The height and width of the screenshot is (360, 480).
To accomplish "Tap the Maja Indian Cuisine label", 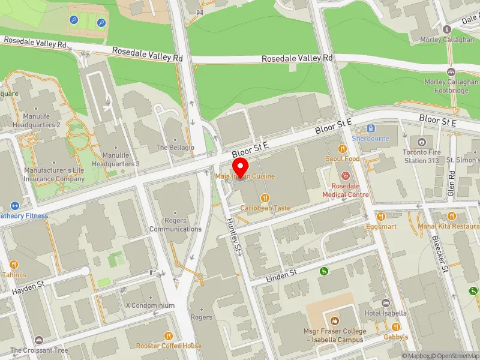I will coord(245,176).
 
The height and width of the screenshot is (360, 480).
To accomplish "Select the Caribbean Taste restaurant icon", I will coord(265,197).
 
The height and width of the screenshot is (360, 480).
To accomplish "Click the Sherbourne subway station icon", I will coord(371,128).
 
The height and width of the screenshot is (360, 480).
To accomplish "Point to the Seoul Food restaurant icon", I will coord(343,148).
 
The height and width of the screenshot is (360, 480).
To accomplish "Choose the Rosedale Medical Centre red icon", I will coord(346,176).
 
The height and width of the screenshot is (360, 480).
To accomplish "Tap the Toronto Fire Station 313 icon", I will coord(422,142).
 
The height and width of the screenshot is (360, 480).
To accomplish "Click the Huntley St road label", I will coord(233,235).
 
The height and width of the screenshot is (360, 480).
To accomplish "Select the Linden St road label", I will coord(282,275).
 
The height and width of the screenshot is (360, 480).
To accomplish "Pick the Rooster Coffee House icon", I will coord(169,335).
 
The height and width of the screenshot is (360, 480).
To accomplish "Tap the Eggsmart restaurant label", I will coord(382,227).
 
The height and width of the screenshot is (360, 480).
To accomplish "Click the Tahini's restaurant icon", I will coord(14,264).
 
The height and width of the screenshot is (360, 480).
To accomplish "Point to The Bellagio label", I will coord(175,148).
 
